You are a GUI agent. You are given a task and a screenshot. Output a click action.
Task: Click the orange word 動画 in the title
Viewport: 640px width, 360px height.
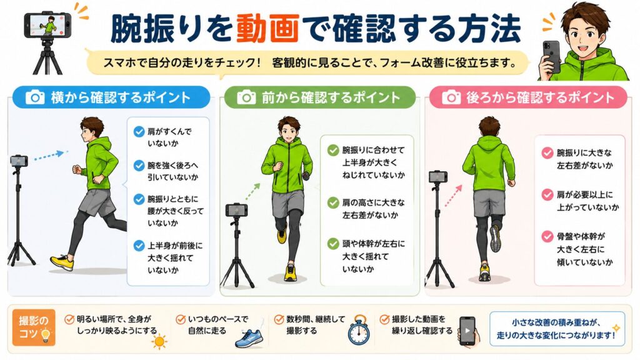point(267,28)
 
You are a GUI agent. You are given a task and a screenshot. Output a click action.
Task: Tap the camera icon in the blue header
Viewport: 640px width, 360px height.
point(35,97)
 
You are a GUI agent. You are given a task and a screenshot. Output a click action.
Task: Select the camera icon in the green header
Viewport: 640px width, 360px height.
point(246,97)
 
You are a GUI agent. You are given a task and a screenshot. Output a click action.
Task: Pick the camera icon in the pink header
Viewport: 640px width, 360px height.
point(451,97)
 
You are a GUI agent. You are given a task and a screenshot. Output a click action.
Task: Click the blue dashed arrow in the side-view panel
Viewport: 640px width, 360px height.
point(49,156)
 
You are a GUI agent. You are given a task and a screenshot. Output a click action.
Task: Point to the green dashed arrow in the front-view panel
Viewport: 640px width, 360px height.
point(252,191)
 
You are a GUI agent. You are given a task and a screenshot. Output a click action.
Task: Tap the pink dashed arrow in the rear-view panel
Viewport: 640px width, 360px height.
point(453,196)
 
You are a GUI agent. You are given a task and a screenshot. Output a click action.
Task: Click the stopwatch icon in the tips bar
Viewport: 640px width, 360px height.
point(359,330)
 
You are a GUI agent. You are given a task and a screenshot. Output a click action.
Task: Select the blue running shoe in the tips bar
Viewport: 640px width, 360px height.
point(249,338)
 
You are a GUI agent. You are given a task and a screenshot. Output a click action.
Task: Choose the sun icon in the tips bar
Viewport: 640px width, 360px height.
point(159,341)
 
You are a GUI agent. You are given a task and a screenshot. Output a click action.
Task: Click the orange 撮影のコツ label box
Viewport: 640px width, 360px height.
point(34,327)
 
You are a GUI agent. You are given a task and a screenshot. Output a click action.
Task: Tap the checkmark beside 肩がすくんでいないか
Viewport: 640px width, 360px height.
point(139,131)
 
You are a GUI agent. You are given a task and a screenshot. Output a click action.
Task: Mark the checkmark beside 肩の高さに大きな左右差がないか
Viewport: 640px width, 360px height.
point(334,202)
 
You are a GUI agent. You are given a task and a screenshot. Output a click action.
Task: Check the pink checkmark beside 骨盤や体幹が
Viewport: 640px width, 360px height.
point(547,236)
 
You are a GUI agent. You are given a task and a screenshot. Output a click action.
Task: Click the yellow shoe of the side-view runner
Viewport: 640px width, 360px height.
point(62,262)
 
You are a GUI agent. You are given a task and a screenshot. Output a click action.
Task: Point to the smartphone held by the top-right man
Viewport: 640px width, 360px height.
point(551,56)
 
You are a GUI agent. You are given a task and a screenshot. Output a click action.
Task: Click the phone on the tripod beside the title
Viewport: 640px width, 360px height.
point(47,24)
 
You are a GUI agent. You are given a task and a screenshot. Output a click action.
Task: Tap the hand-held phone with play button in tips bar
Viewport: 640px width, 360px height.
point(467,331)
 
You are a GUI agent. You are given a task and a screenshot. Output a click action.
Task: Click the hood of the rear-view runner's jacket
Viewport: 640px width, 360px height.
point(489,144)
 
